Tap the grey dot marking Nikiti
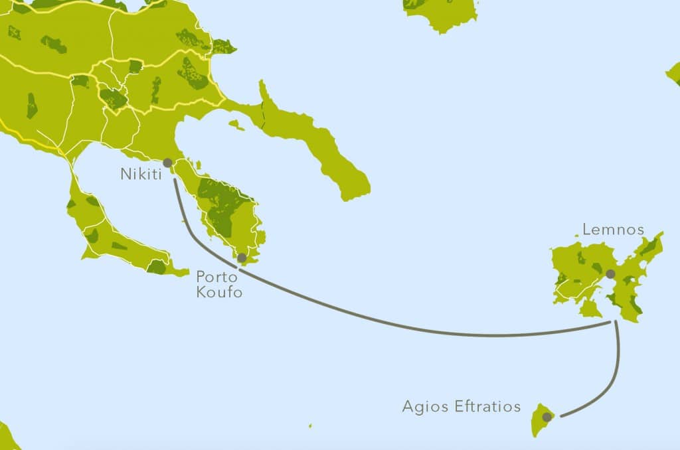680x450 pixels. (167, 163)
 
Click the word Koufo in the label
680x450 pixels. (219, 293)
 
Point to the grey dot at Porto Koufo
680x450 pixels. (242, 258)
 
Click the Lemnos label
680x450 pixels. (613, 230)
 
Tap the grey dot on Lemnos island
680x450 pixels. (610, 273)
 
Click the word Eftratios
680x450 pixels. (488, 406)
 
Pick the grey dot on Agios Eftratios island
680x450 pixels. (547, 417)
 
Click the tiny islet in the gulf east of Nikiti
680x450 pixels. (236, 124)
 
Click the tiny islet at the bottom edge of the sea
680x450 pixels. (309, 426)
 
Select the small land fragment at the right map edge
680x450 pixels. (673, 74)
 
